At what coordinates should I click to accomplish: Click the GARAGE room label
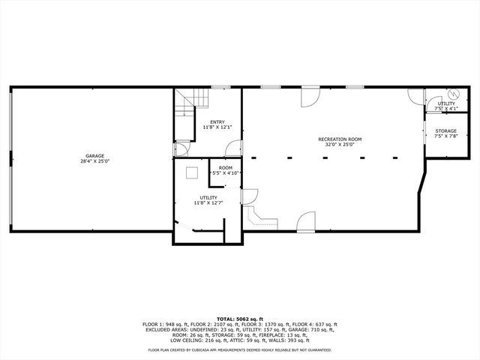click(x=94, y=155)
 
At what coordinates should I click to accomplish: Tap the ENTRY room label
click(x=217, y=122)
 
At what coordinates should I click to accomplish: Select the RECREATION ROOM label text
click(x=340, y=139)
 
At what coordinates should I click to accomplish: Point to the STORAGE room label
click(x=445, y=131)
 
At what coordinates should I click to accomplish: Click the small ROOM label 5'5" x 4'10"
click(x=226, y=168)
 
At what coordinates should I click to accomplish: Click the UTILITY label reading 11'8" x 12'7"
click(x=208, y=197)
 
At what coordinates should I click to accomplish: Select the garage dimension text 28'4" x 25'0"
click(x=94, y=160)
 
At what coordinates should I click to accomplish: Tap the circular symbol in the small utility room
click(x=452, y=94)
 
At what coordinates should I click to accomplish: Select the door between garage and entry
click(x=180, y=148)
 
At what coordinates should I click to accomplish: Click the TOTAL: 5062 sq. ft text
click(x=240, y=319)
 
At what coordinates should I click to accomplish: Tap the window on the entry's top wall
click(x=220, y=87)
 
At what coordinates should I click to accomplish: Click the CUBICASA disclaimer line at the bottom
click(x=240, y=349)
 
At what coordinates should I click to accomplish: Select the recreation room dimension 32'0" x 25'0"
click(x=340, y=145)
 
